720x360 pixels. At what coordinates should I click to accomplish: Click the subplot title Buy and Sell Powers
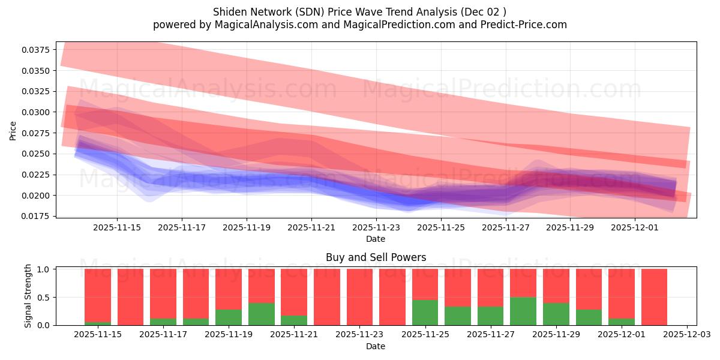click(376, 257)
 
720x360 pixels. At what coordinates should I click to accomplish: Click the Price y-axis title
click(13, 130)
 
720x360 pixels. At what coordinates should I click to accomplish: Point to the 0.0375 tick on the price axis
click(37, 50)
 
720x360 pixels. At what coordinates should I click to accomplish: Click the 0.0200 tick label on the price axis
click(37, 196)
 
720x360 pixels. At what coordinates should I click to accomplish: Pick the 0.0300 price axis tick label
click(37, 112)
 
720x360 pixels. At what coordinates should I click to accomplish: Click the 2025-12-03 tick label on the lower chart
click(686, 335)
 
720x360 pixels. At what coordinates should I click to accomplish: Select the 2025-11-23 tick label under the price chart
click(376, 228)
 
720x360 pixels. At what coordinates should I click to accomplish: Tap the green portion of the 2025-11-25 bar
click(425, 313)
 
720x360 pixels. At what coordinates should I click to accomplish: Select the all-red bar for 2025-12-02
click(654, 297)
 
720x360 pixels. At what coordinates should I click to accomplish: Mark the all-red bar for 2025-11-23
click(359, 297)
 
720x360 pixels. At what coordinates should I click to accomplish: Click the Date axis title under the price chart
click(376, 239)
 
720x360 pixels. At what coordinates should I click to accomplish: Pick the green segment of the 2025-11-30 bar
click(589, 317)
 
